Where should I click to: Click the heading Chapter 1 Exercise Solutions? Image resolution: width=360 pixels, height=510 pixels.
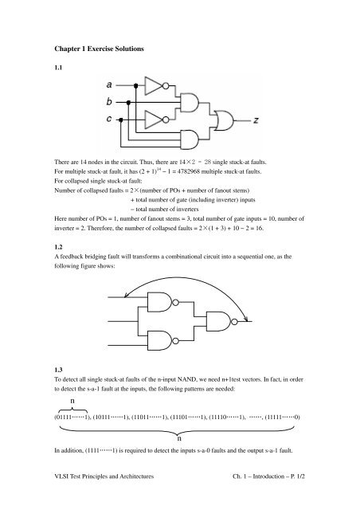coord(99,49)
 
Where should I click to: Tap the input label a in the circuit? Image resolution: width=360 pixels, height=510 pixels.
coord(109,85)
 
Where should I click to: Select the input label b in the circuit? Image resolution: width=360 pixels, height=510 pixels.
coord(109,101)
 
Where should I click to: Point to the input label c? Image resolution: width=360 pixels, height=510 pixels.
coord(109,119)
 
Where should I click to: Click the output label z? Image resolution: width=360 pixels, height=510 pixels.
coord(256,120)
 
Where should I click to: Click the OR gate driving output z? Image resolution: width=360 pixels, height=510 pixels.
coord(224,120)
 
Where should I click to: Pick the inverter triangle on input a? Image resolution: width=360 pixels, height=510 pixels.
coord(153,86)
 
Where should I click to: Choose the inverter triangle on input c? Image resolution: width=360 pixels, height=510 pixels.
coord(153,120)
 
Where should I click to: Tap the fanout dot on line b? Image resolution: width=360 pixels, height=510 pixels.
coord(128,103)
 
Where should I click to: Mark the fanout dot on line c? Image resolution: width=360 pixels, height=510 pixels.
coord(120,120)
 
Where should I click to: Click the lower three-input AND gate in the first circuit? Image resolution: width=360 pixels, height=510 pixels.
coord(190,140)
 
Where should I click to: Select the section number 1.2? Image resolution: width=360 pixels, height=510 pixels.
coord(58,247)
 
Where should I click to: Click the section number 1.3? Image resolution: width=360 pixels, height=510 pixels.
coord(58,370)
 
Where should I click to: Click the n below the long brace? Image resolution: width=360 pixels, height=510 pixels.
coord(179,439)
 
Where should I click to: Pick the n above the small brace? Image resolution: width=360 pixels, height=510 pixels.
coord(72,401)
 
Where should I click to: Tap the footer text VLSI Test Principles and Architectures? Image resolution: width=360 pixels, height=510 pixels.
coord(104,477)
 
